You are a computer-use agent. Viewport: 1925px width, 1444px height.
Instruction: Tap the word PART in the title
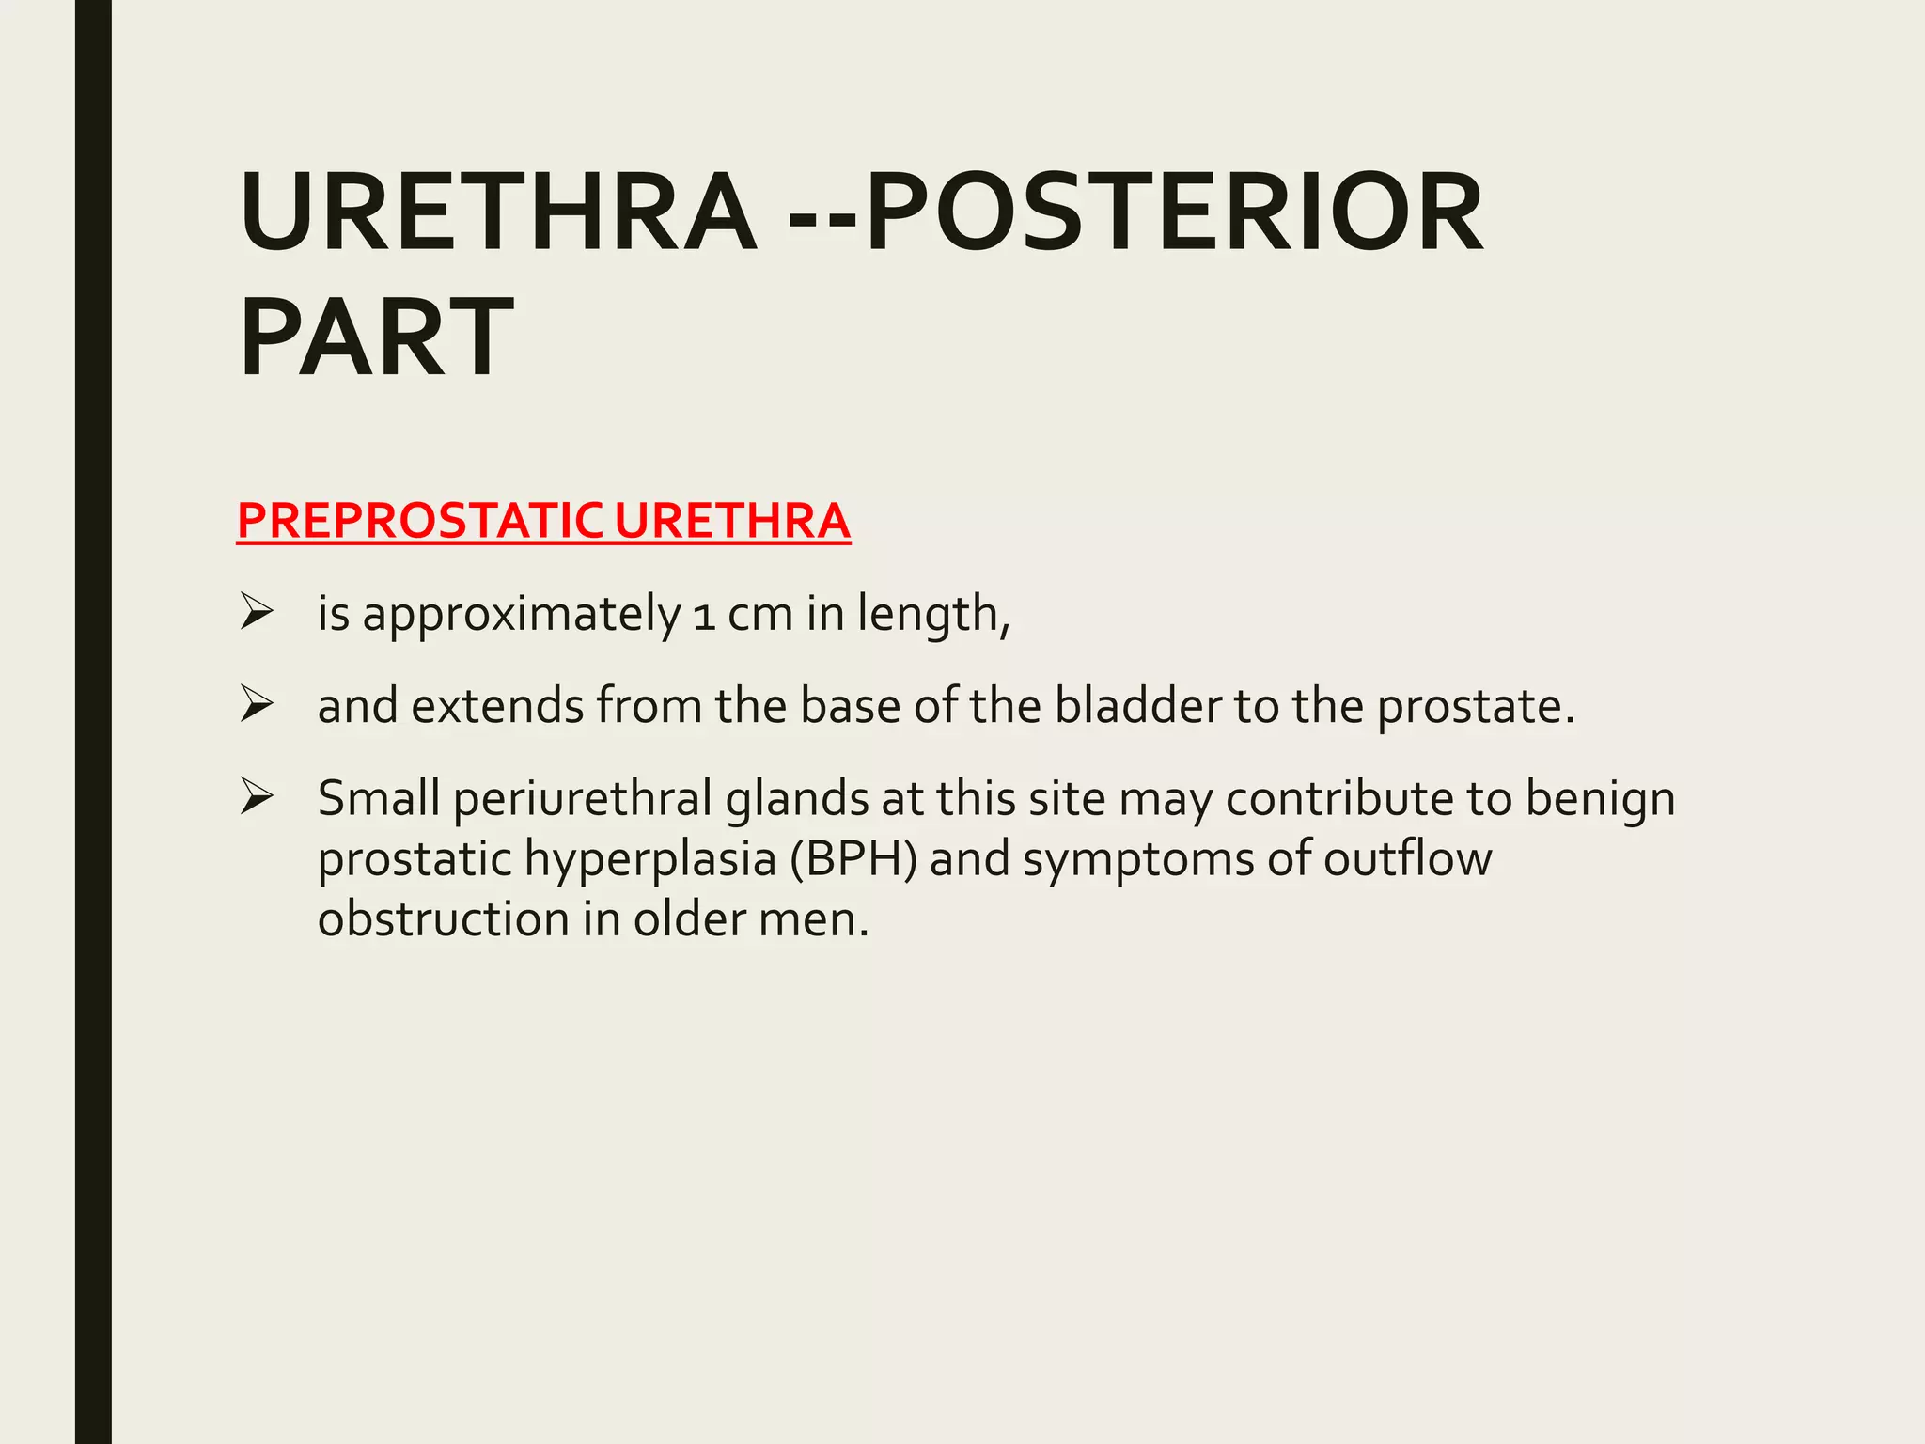tap(376, 337)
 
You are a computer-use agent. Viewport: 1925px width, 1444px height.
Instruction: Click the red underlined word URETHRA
tap(732, 521)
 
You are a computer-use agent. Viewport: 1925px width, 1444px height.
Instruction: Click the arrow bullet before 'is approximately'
tap(256, 612)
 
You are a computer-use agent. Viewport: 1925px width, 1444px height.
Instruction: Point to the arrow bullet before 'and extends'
tap(256, 704)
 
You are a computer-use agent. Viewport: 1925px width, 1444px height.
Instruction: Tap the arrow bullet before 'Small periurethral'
tap(256, 796)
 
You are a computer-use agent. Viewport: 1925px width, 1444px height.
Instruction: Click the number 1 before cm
tap(703, 616)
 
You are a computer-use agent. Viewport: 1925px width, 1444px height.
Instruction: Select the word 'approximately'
tap(522, 616)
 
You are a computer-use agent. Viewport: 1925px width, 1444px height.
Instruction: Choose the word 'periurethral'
tap(582, 799)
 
